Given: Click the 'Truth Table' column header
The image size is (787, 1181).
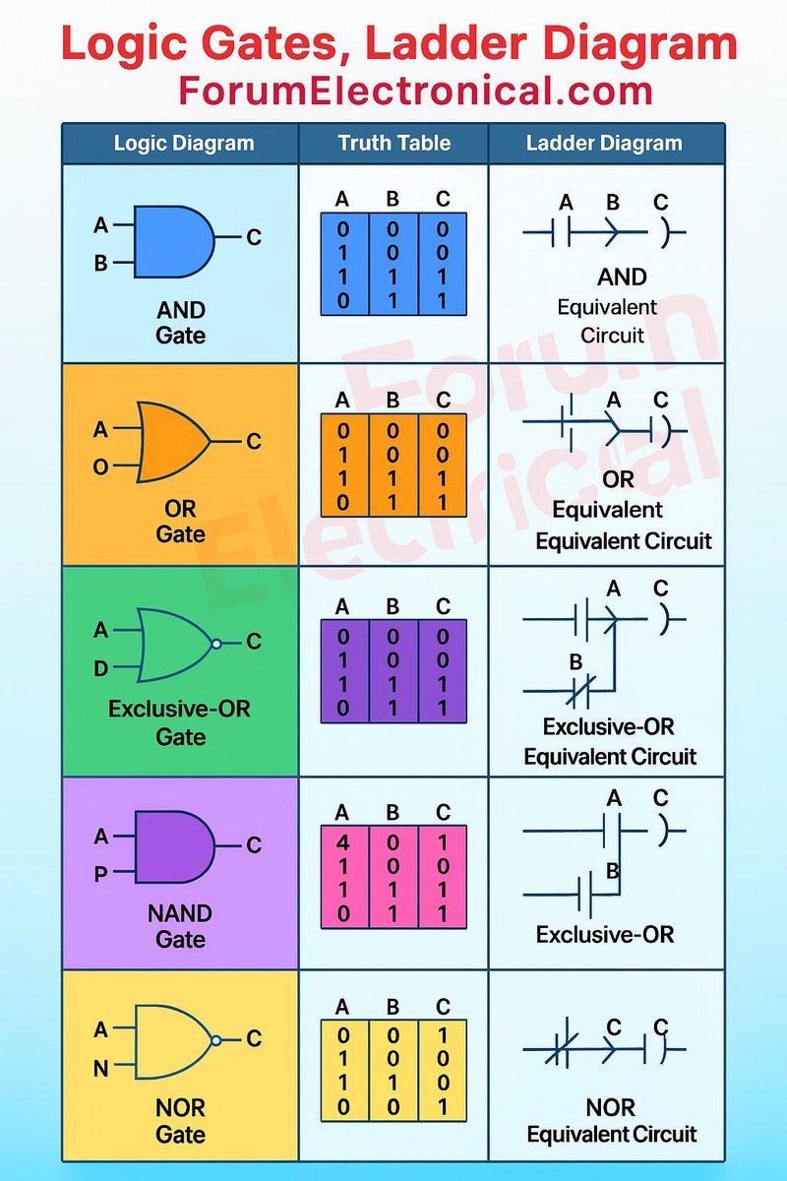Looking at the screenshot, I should point(393,143).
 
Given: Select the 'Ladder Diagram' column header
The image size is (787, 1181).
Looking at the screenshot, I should point(604,143).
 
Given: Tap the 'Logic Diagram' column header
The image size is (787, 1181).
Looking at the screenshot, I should point(183,143).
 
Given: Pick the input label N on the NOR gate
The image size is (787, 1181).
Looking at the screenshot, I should point(101,1068).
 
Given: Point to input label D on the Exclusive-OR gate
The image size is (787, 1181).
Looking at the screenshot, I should point(101,670).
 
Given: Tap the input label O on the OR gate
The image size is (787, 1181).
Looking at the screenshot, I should point(101,466).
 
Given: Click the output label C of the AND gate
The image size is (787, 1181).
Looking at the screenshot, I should point(254,237).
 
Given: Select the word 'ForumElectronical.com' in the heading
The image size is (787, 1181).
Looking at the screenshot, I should point(416,91).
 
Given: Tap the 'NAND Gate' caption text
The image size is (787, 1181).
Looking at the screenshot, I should point(181,925).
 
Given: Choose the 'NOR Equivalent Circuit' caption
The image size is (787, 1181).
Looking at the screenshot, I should point(611,1121).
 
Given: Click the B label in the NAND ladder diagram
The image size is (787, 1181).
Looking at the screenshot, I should point(612,870).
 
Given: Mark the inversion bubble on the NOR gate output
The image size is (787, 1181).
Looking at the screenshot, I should point(216,1039).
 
